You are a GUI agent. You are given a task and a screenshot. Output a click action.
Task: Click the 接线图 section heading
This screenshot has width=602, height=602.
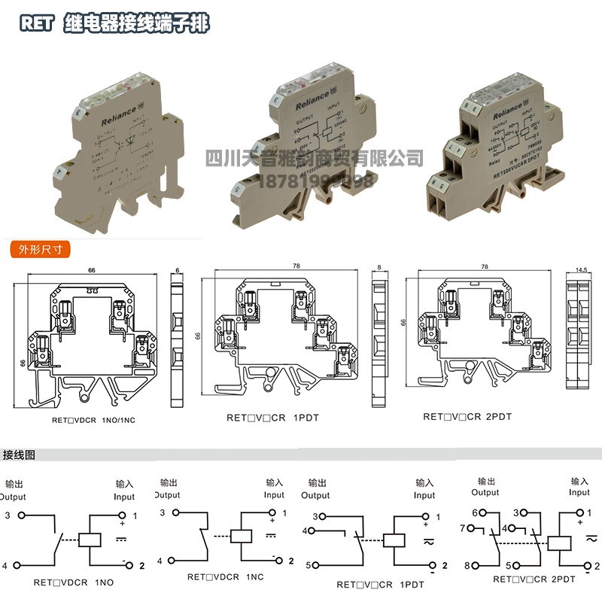[20, 455]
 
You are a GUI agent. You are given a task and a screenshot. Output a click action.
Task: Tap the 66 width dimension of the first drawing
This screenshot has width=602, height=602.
[91, 269]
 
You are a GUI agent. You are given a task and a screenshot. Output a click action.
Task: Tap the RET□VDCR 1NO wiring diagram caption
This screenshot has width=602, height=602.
[73, 582]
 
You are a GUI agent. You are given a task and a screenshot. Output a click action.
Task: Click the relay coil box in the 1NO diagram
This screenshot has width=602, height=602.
[91, 539]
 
